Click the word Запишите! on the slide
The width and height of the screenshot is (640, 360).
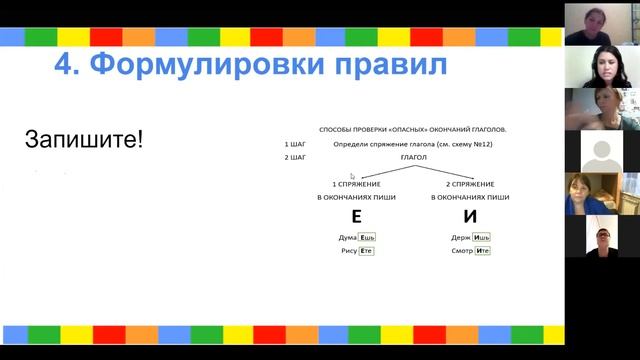[x=84, y=139]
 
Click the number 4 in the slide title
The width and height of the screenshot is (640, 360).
[x=63, y=66]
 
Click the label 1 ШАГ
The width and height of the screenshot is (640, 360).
[x=294, y=144]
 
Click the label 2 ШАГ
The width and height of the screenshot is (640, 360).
[x=294, y=157]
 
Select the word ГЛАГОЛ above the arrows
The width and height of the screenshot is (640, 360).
[x=413, y=157]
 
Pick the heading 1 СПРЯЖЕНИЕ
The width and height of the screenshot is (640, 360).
[x=356, y=185]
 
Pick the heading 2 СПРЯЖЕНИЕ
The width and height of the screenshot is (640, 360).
[x=470, y=185]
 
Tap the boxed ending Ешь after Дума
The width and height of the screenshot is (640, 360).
[x=367, y=237]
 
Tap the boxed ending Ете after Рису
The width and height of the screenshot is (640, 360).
[x=366, y=250]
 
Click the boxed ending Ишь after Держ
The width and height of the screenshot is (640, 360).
[x=482, y=237]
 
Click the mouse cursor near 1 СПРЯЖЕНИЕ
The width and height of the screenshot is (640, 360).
[x=352, y=176]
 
